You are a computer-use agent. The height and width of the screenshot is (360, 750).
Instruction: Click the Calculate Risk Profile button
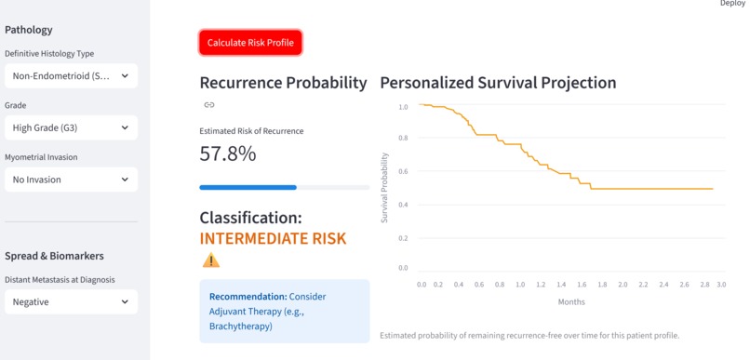tap(250, 43)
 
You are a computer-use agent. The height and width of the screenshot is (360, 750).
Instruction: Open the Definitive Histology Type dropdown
tap(72, 75)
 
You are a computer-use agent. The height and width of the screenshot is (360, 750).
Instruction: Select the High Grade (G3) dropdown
tap(72, 127)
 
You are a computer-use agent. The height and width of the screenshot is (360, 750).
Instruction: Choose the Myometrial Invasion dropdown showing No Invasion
tap(72, 180)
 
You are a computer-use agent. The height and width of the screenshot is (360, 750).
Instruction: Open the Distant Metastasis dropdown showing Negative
tap(72, 302)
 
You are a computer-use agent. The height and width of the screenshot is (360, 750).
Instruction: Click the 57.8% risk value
tap(228, 153)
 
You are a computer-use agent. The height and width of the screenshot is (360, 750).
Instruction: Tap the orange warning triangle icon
tap(211, 260)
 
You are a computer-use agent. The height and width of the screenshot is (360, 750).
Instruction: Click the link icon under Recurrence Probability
tap(209, 105)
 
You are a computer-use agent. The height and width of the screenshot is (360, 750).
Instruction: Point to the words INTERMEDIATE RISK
tap(273, 238)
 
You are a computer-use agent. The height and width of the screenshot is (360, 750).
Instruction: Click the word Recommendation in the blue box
tap(248, 297)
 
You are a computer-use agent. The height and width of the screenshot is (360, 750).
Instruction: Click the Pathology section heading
tap(29, 30)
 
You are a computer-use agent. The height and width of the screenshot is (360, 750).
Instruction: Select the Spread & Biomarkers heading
tap(54, 256)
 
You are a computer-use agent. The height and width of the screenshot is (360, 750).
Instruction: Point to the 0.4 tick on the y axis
tap(403, 205)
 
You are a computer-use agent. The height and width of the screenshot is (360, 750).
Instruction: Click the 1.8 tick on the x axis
tap(602, 285)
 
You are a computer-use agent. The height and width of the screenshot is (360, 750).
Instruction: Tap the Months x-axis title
tap(571, 302)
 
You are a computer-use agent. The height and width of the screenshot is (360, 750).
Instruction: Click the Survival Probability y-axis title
tap(384, 188)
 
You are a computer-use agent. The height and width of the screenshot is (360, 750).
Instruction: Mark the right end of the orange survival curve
tap(713, 189)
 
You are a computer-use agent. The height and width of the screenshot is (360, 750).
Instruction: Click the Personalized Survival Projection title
tap(498, 83)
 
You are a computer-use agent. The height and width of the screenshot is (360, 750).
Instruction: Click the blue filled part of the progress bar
tap(248, 187)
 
